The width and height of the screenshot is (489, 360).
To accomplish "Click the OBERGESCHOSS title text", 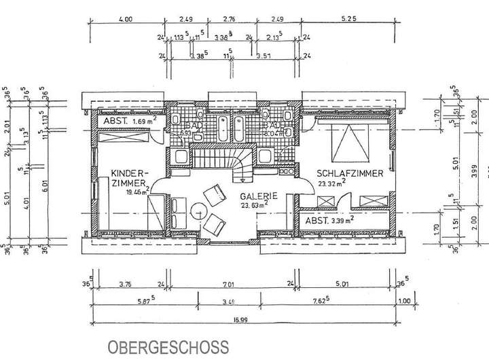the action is pos(167,346).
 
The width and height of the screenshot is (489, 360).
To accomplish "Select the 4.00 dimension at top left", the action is pos(124,20).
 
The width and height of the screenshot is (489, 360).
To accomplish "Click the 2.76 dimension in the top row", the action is pos(229,20).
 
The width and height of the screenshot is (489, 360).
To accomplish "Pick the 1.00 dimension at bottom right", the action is pos(405,302).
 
